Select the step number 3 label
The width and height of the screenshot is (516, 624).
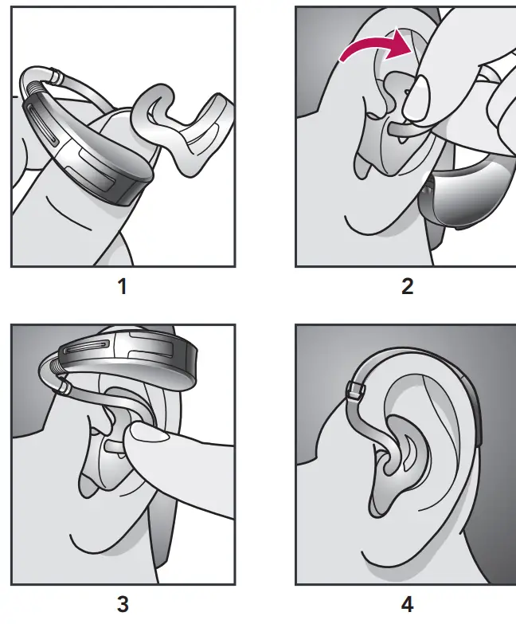122,604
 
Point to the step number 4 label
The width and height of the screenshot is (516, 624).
407,604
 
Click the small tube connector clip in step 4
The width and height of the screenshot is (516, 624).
356,390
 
